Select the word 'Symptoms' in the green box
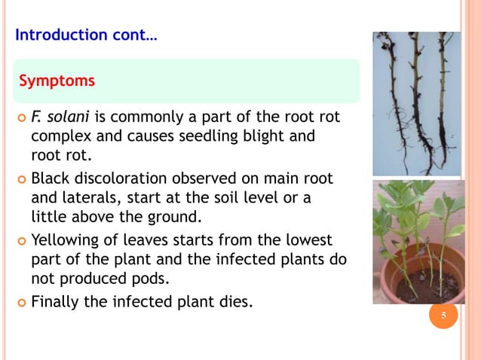point(57,81)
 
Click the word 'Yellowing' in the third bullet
point(65,241)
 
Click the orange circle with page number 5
point(443,315)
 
